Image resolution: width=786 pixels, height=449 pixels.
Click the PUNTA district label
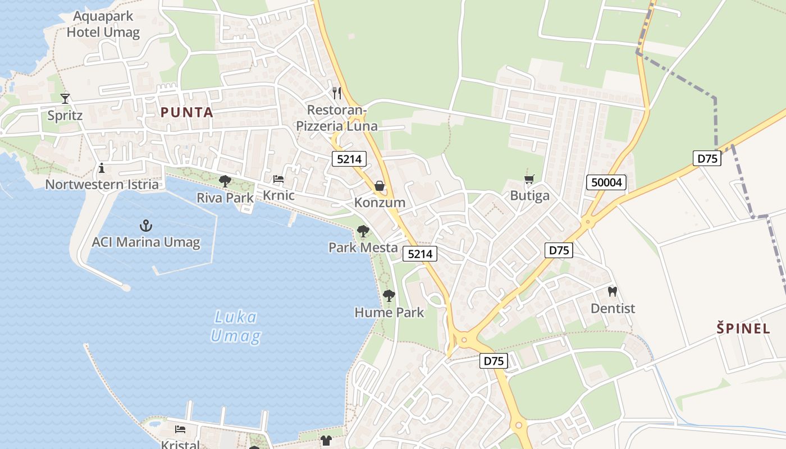click(x=187, y=112)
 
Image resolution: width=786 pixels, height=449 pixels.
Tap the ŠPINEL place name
click(x=743, y=328)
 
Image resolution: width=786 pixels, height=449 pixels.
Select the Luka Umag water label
click(x=236, y=327)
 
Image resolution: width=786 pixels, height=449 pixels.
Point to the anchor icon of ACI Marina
click(x=146, y=226)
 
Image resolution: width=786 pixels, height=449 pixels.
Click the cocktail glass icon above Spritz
click(x=65, y=99)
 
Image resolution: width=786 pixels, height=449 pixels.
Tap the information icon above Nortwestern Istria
click(x=102, y=167)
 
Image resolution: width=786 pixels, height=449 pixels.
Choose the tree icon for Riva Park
click(x=225, y=181)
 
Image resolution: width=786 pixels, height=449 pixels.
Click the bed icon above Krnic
click(x=278, y=179)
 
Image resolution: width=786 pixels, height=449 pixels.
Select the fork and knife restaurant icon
click(x=337, y=93)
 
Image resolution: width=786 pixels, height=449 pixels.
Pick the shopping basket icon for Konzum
click(x=380, y=186)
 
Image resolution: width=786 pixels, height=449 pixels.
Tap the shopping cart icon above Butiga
click(x=529, y=180)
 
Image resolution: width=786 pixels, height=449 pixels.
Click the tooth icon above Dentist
click(x=613, y=292)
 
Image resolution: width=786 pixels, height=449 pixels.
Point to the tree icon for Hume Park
click(x=389, y=296)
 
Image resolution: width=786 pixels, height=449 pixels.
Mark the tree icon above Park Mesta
click(x=363, y=231)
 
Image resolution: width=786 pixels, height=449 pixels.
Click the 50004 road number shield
click(x=606, y=182)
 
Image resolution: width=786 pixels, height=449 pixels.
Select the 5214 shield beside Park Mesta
click(x=420, y=254)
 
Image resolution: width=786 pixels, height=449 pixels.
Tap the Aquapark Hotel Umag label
click(x=103, y=24)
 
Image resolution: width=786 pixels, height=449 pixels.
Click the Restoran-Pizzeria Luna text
click(x=337, y=118)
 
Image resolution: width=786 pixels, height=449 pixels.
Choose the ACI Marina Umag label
click(x=146, y=243)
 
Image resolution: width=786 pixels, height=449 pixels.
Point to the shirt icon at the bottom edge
click(x=326, y=440)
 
